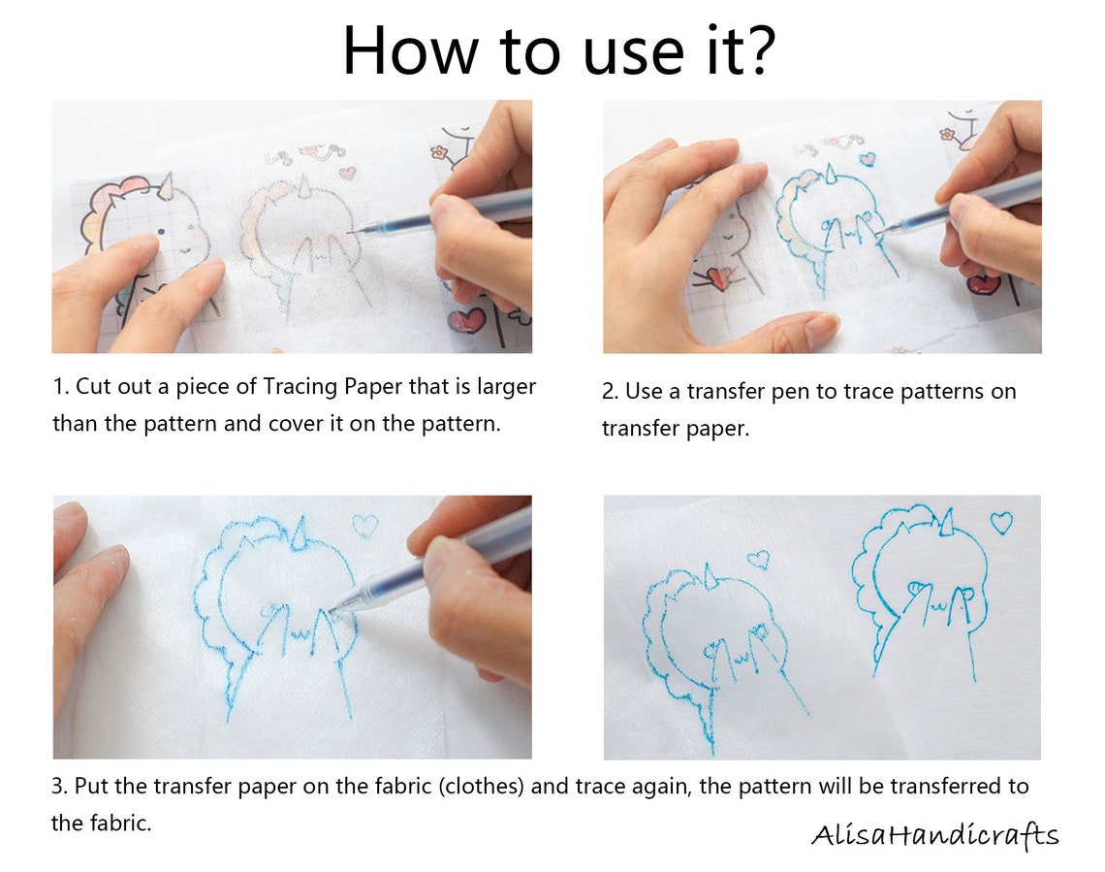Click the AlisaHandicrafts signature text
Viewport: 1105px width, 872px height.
point(934,835)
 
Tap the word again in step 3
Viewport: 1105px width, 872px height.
point(664,786)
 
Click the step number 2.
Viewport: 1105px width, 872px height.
point(608,392)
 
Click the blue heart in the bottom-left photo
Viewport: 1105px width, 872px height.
point(364,525)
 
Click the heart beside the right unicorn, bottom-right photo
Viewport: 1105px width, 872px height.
point(1001,522)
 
